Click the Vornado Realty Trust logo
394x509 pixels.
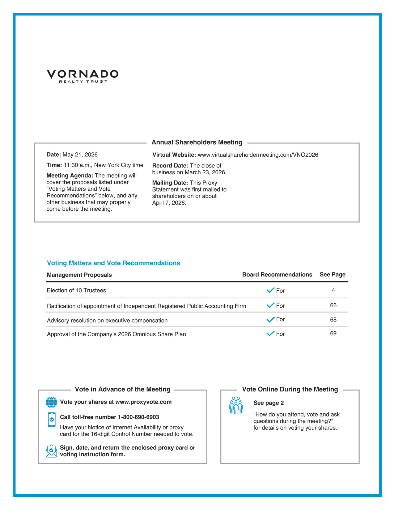click(83, 76)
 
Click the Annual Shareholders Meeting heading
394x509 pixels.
click(197, 143)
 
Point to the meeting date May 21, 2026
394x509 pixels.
click(80, 155)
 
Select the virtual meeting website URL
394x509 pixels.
click(258, 155)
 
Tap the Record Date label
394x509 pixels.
click(170, 166)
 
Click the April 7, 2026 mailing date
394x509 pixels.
click(169, 203)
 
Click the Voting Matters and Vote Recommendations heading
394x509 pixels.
click(113, 263)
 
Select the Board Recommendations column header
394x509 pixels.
click(277, 275)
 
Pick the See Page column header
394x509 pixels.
click(333, 275)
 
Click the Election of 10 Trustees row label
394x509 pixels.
click(76, 291)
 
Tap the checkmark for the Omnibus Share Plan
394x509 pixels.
click(270, 333)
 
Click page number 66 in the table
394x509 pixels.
click(333, 305)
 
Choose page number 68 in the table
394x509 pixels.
click(333, 320)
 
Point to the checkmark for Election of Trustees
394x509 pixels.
click(270, 290)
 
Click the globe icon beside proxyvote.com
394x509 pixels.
click(51, 402)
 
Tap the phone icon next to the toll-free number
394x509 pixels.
click(52, 420)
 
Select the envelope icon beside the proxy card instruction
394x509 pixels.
click(51, 451)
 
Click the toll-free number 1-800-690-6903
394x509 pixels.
click(138, 417)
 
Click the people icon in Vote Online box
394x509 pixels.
click(236, 405)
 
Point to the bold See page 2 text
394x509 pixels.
click(269, 403)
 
